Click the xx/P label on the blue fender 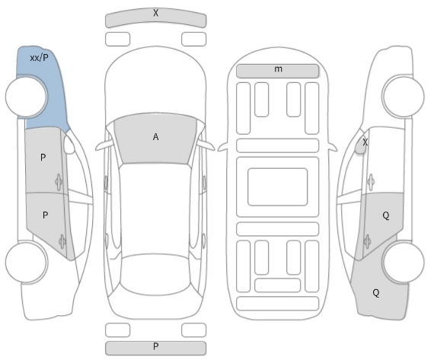[x=39, y=58]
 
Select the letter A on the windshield [x=156, y=137]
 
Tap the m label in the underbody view [x=278, y=69]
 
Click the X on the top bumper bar [x=156, y=13]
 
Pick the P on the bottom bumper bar [x=156, y=346]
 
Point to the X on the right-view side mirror [x=365, y=142]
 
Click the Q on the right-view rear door [x=386, y=215]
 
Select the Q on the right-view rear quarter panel [x=376, y=292]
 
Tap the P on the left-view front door [x=43, y=158]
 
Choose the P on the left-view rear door [x=45, y=215]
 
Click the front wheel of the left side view [x=27, y=96]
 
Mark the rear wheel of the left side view [x=27, y=262]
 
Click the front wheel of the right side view [x=403, y=96]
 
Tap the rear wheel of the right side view [x=403, y=262]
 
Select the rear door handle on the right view [x=367, y=241]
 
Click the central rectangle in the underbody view [x=278, y=186]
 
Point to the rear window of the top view [x=155, y=274]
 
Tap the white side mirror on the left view [x=69, y=143]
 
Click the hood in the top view [x=155, y=83]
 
